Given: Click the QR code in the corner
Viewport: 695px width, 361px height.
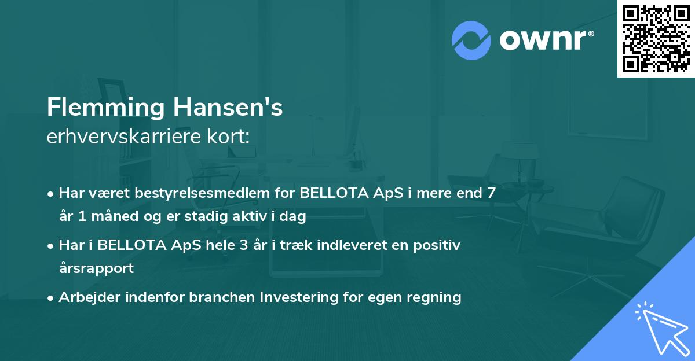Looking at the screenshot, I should [x=656, y=38].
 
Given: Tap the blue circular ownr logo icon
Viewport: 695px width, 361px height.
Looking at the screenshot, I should [x=471, y=40].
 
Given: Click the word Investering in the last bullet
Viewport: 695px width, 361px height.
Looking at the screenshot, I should [x=296, y=297].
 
